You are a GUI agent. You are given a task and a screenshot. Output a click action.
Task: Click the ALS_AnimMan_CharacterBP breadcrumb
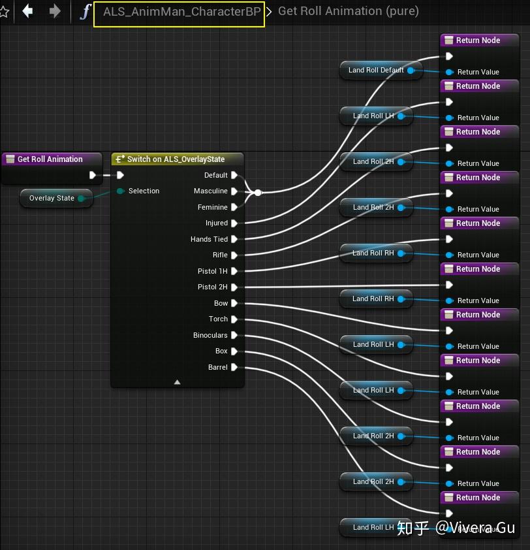click(179, 12)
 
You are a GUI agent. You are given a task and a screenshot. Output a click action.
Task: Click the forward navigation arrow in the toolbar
click(55, 10)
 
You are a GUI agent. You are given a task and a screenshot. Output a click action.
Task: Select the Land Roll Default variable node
click(376, 71)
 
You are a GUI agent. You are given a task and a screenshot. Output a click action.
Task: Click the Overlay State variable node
click(52, 199)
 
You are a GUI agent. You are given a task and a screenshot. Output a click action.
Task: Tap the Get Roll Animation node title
click(50, 159)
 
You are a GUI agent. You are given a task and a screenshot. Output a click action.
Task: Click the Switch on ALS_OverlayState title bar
click(176, 159)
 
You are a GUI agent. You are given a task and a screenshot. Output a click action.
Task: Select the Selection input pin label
click(144, 191)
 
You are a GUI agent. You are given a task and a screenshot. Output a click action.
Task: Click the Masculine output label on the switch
click(210, 191)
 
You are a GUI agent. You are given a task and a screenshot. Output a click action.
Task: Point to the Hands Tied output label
click(209, 240)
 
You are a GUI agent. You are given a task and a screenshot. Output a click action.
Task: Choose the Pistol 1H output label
click(212, 272)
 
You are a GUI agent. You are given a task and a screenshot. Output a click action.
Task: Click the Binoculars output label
click(210, 336)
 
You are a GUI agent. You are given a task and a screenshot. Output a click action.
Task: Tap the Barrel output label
click(217, 368)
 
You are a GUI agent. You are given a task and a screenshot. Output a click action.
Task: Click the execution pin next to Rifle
click(234, 255)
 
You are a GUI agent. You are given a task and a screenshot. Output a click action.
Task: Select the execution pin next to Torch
click(234, 319)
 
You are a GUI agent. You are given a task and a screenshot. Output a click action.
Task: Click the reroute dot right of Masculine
click(258, 193)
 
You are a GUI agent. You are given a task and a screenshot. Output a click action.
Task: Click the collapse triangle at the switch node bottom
click(177, 382)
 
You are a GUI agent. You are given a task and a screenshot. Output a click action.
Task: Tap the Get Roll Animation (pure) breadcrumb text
click(348, 11)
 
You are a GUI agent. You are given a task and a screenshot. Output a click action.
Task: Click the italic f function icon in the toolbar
click(84, 11)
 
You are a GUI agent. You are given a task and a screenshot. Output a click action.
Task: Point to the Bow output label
click(221, 304)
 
